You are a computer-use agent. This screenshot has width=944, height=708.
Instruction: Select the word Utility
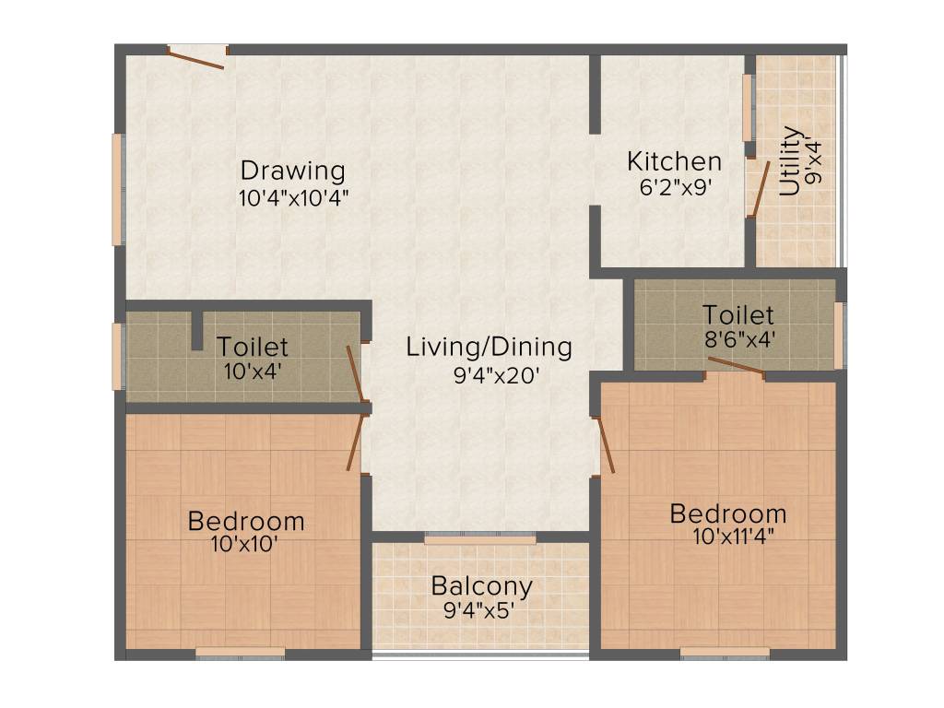pos(790,161)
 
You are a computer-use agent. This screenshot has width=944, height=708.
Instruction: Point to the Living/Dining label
pos(490,348)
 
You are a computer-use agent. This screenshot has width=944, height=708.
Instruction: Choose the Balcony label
pos(481,586)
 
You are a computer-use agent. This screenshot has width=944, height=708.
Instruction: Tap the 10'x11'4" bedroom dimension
pos(728,537)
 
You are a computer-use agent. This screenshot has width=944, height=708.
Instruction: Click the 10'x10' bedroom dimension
pos(245,544)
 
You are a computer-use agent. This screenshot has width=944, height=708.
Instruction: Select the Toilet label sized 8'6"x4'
pos(737,314)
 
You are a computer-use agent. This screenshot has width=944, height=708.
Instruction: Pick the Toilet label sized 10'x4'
pos(252,348)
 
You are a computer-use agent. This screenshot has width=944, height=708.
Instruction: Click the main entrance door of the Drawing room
pos(196,57)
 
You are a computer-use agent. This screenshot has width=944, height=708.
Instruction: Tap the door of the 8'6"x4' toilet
pos(736,367)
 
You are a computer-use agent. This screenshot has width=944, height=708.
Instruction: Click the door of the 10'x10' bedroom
pos(355,442)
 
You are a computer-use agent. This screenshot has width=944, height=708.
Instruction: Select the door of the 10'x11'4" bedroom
pos(604,445)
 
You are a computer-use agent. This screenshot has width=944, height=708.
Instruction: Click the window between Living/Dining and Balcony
pos(480,537)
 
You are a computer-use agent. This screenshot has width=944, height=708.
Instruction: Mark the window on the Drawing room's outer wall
pos(118,190)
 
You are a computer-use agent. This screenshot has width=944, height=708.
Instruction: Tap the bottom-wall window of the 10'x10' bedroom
pos(241,653)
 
